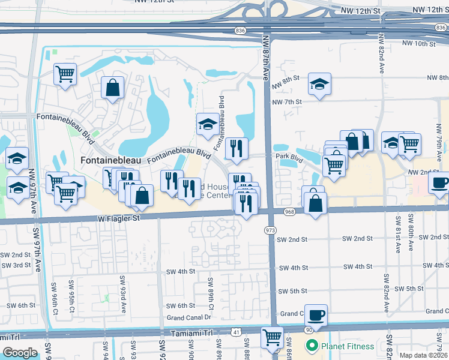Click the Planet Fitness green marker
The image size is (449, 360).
[x=312, y=346]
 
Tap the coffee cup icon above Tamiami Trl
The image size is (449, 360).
[x=316, y=314]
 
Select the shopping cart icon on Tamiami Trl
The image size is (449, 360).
[x=273, y=337]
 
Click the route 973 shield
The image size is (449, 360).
[x=270, y=230]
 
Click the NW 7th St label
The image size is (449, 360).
[x=286, y=102]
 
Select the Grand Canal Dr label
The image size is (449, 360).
[x=190, y=317]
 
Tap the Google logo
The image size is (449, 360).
[x=20, y=352]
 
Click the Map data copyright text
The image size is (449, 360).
[x=424, y=355]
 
